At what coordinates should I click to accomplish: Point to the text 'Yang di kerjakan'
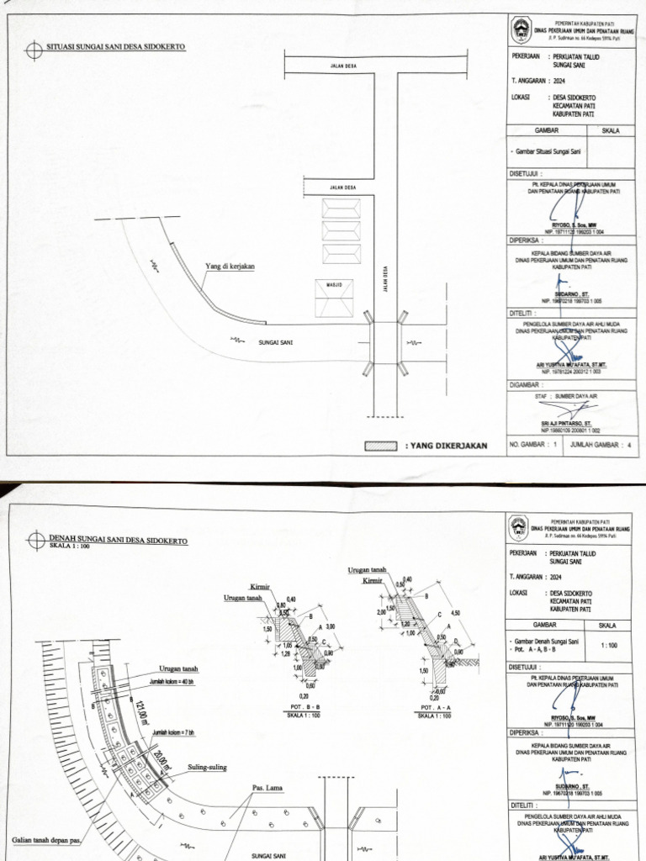pyautogui.click(x=230, y=267)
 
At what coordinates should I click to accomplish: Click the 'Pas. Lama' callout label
pyautogui.click(x=267, y=788)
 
